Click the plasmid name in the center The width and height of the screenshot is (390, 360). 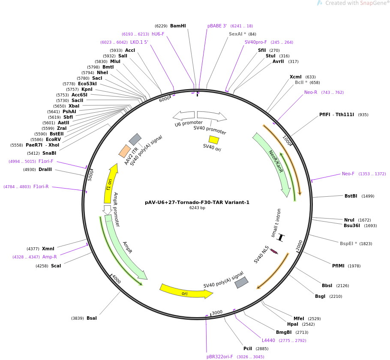tap(197, 202)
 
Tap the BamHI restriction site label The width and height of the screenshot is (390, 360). tap(178, 26)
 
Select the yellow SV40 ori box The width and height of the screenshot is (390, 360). tap(213, 140)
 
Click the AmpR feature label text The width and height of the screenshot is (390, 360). tap(127, 247)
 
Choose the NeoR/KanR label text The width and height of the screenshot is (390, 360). tap(276, 161)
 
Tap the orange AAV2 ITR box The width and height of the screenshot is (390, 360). tap(125, 151)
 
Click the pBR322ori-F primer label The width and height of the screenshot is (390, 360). tap(220, 357)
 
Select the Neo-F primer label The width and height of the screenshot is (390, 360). tap(348, 174)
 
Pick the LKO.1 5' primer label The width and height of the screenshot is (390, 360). tap(139, 42)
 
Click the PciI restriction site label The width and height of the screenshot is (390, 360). tap(248, 348)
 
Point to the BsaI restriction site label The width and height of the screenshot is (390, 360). tap(92, 318)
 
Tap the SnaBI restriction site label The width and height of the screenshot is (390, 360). tap(49, 153)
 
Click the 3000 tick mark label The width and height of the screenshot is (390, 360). tap(217, 312)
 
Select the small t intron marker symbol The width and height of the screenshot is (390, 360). tap(281, 237)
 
